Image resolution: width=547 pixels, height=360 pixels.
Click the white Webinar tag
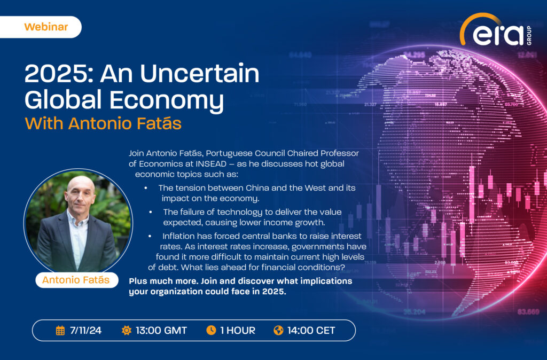pos(41,27)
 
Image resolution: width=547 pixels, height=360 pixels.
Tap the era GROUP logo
pos(496,30)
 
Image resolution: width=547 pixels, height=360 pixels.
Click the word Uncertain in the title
pos(200,74)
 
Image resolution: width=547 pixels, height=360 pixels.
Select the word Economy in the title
pos(167,100)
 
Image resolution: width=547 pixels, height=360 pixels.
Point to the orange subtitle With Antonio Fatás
pos(103,123)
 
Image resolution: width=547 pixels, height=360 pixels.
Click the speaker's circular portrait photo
pos(78,222)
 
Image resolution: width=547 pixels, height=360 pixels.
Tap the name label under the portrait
pos(76,280)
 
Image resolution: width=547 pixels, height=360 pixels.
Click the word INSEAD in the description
pos(210,163)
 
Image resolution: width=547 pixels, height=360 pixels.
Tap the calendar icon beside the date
pos(60,330)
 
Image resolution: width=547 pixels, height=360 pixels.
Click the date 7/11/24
pos(86,330)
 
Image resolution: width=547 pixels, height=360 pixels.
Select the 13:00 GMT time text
pos(161,330)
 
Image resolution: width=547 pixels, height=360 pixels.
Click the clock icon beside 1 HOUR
pos(211,330)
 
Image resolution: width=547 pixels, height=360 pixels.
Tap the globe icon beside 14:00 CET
pos(278,330)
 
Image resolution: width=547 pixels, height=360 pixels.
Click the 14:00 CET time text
pos(311,330)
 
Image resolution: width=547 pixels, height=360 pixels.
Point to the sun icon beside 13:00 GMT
pos(126,330)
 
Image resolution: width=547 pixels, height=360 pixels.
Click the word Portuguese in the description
pos(230,153)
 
